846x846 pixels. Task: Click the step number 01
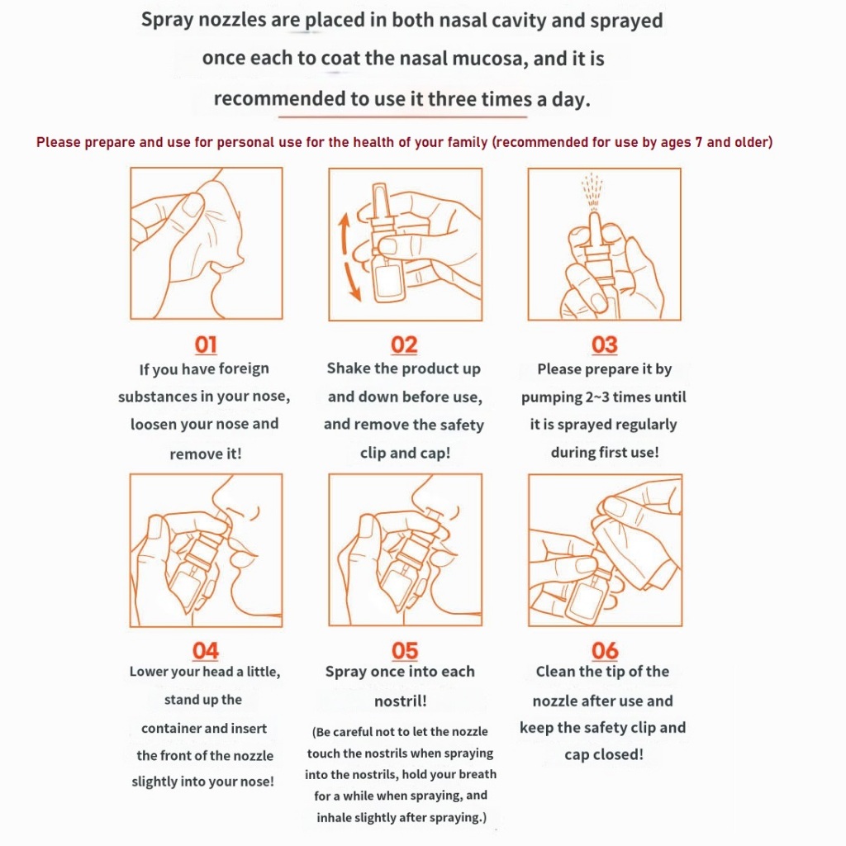[x=206, y=345]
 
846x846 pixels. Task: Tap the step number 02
[x=404, y=345]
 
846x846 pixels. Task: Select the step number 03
[x=605, y=345]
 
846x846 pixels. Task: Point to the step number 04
[x=206, y=651]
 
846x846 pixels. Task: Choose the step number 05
[x=405, y=651]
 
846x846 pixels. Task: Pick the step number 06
[x=605, y=651]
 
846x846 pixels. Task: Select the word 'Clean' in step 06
[x=555, y=672]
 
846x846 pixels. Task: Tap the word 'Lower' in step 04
[x=150, y=672]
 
